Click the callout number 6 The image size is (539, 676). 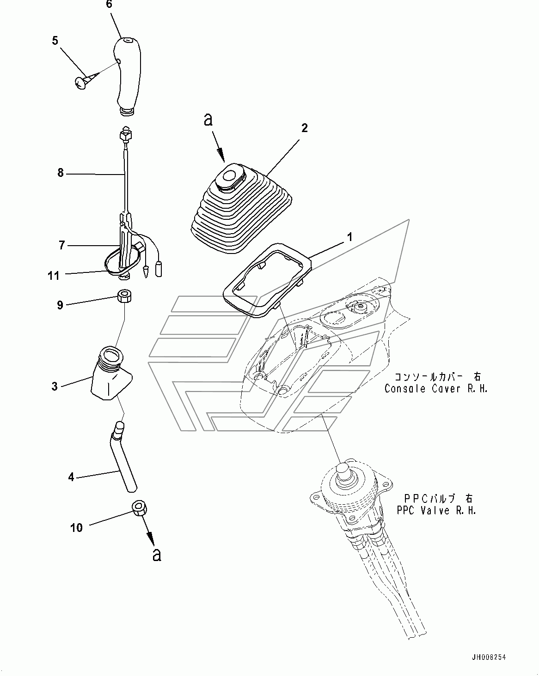[109, 5]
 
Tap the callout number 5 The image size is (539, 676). [55, 41]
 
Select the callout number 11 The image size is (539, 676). [54, 276]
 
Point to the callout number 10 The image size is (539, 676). [76, 528]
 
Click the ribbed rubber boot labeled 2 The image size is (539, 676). [242, 208]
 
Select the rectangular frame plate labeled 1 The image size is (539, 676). [267, 280]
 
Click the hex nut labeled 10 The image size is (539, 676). [139, 507]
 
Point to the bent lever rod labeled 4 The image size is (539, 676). [123, 457]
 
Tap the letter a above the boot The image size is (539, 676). [208, 120]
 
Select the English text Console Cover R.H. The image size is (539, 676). [436, 389]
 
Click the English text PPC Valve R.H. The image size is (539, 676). [436, 510]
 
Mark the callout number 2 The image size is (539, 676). [305, 128]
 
